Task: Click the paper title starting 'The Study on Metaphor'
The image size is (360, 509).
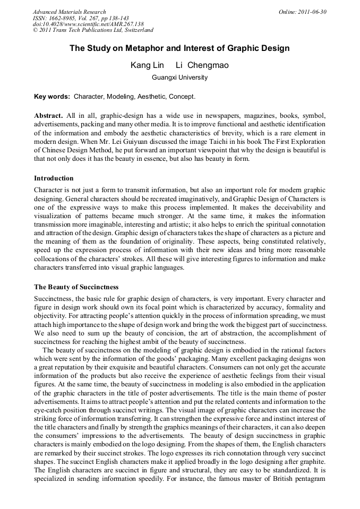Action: point(179,48)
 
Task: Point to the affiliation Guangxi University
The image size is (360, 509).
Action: point(179,77)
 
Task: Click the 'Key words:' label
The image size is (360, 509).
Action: point(52,97)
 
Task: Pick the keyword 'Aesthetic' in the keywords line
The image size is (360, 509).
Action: point(151,97)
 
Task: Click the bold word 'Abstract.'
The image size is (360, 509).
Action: point(48,116)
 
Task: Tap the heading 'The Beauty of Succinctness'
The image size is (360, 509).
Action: point(76,287)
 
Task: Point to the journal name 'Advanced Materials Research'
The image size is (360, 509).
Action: point(69,12)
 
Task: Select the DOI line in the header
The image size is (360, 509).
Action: point(88,24)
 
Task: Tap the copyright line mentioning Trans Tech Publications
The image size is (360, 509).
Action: point(93,31)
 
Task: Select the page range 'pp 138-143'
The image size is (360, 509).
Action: point(111,18)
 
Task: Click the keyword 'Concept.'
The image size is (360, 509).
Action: point(182,97)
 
